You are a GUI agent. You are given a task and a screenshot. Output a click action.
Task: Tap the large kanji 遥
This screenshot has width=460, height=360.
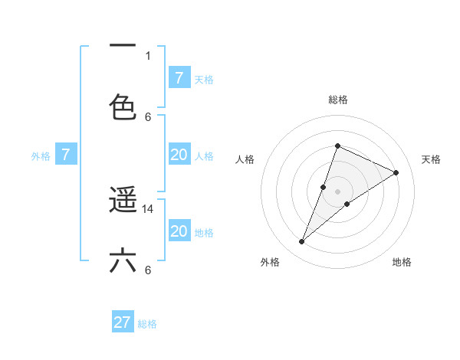click(x=123, y=201)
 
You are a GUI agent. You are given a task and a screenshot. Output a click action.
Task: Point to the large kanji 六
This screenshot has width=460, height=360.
click(x=123, y=260)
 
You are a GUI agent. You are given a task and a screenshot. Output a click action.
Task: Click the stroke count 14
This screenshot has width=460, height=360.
click(x=149, y=208)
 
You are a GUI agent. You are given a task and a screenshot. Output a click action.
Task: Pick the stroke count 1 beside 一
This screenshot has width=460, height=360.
click(x=148, y=55)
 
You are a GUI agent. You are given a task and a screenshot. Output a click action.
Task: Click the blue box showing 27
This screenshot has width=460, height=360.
click(x=123, y=322)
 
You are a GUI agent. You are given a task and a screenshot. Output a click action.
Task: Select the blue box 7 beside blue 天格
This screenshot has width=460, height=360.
click(x=179, y=77)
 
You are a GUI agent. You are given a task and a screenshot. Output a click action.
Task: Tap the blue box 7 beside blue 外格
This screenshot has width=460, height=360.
click(x=66, y=155)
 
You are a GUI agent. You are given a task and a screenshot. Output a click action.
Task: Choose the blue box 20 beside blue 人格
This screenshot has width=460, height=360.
click(x=179, y=155)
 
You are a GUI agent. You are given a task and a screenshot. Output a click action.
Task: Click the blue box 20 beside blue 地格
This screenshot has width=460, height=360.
click(x=179, y=231)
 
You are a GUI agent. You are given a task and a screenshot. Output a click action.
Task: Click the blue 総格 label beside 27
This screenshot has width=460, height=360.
click(x=147, y=324)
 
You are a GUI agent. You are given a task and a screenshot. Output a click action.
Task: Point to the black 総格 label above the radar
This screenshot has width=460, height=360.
click(x=337, y=100)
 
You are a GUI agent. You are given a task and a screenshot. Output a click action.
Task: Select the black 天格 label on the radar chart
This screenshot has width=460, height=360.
click(x=431, y=159)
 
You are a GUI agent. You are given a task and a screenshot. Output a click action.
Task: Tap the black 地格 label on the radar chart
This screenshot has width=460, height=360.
click(x=402, y=263)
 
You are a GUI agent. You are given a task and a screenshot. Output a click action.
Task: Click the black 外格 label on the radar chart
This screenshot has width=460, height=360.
click(x=270, y=263)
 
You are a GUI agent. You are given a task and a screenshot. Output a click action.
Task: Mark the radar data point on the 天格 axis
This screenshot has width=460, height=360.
click(x=396, y=172)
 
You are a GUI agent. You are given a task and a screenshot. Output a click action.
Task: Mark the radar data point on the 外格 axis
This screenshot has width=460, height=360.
click(x=301, y=242)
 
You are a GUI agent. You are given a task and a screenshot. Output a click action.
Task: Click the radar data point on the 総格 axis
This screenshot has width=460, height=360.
click(x=337, y=146)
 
